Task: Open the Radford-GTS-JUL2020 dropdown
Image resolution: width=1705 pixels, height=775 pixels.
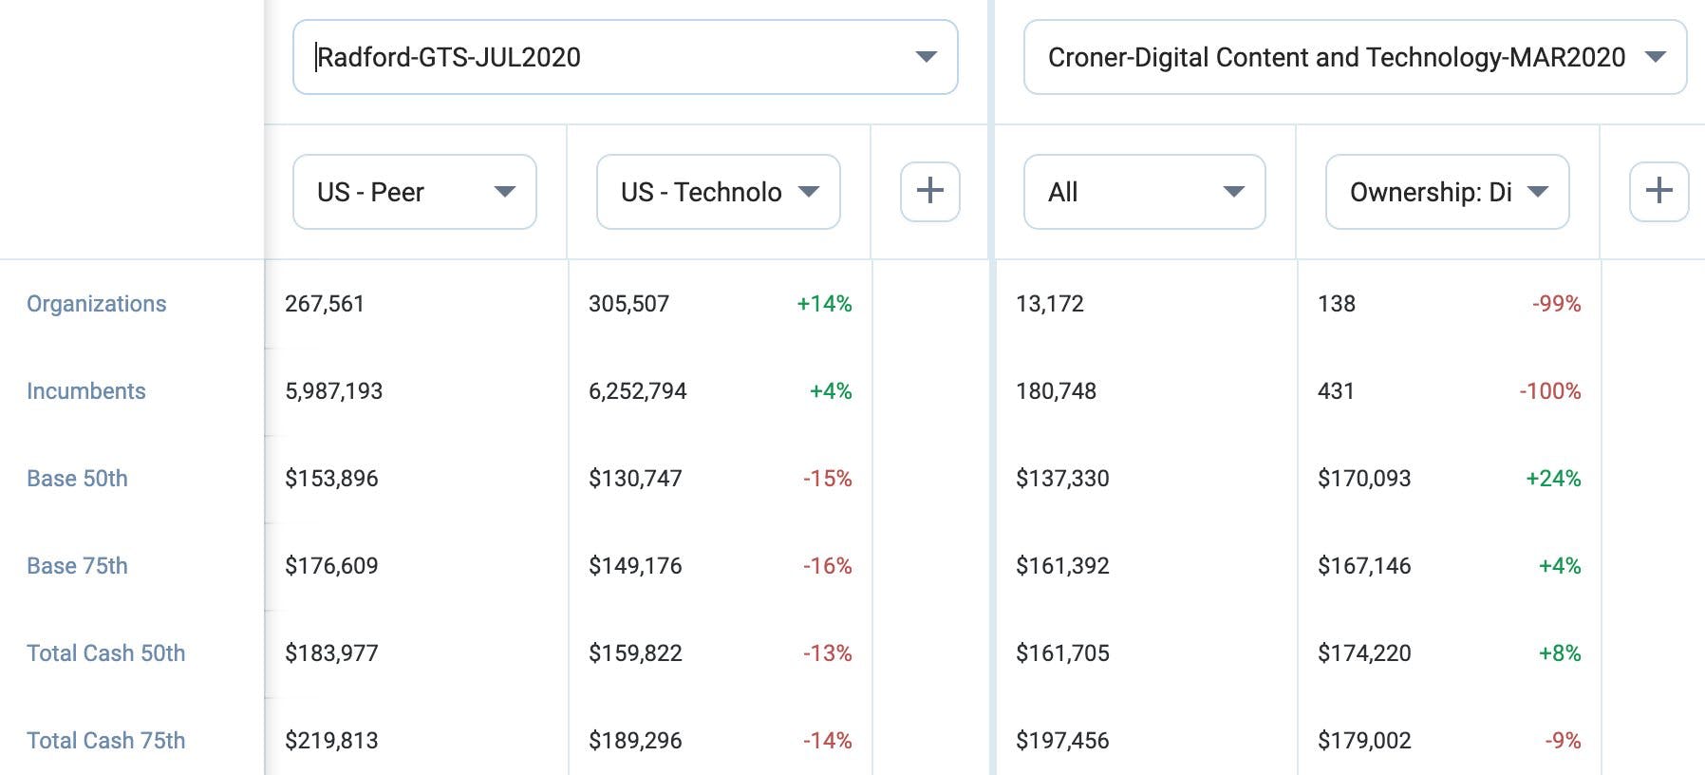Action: tap(625, 57)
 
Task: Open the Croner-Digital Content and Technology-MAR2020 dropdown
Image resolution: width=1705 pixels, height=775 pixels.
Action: tap(1355, 57)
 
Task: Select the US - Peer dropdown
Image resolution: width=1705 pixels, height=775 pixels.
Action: tap(415, 192)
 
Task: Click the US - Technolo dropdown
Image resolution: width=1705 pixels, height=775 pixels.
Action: tap(719, 192)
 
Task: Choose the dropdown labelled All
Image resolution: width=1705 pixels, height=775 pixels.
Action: tap(1145, 192)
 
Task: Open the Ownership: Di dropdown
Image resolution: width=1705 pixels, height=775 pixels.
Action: tap(1448, 192)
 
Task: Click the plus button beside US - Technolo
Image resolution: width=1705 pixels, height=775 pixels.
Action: tap(930, 192)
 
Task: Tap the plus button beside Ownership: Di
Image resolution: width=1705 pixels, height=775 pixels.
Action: tap(1659, 192)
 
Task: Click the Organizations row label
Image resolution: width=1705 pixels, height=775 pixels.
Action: tap(97, 304)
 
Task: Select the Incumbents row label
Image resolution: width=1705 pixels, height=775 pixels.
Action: tap(86, 391)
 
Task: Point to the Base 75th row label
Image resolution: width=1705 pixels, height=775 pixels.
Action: tap(77, 566)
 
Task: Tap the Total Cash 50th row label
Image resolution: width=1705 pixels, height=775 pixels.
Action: tap(106, 653)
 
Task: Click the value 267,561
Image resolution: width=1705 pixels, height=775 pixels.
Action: tap(325, 304)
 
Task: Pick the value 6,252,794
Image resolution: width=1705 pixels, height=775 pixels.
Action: tap(638, 391)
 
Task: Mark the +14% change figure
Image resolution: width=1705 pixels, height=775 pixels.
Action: tap(824, 304)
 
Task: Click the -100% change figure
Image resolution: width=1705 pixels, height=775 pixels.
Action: tap(1550, 391)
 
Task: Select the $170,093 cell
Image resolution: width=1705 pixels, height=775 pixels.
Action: tap(1364, 479)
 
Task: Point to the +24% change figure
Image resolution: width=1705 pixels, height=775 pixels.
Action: tap(1553, 479)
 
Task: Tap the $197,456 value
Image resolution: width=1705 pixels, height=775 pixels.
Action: tap(1062, 741)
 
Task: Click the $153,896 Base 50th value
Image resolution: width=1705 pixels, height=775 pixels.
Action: tap(331, 479)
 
